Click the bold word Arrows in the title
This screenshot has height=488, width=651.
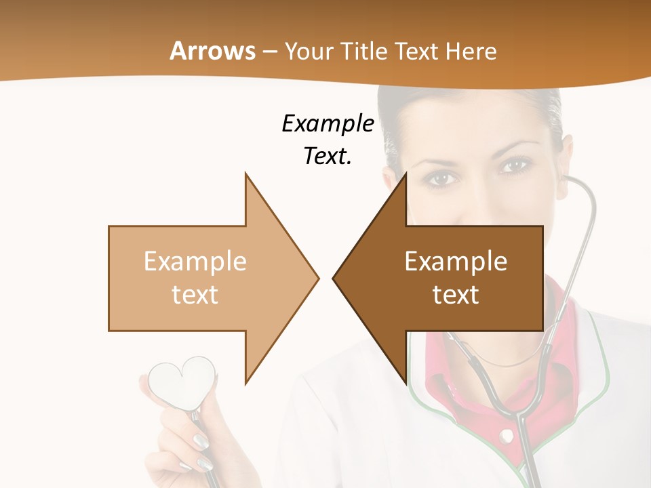pyautogui.click(x=213, y=51)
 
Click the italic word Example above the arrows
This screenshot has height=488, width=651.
pyautogui.click(x=328, y=124)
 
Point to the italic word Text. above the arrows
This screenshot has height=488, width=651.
pyautogui.click(x=328, y=156)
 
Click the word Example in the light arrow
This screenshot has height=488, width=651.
pyautogui.click(x=195, y=262)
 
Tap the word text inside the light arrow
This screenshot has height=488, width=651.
pyautogui.click(x=195, y=295)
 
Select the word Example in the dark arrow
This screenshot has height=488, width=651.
pyautogui.click(x=456, y=262)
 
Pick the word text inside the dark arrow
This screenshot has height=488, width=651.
pyautogui.click(x=456, y=295)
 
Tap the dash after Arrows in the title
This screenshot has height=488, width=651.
pyautogui.click(x=269, y=52)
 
